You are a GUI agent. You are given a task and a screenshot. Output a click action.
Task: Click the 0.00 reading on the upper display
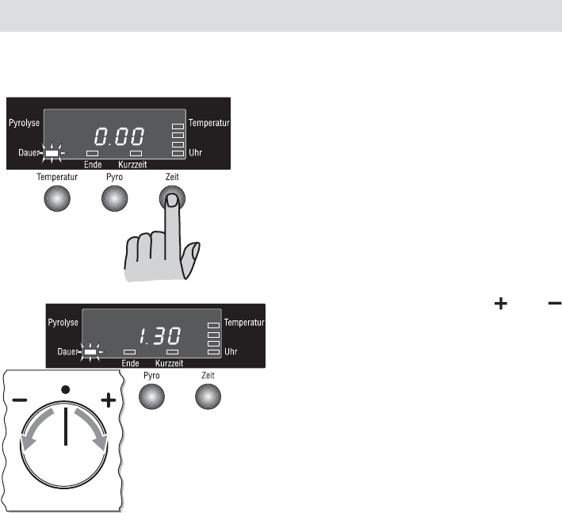[119, 136]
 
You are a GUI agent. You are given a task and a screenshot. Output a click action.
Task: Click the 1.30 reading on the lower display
[159, 336]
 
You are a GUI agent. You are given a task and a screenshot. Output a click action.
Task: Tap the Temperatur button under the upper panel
[57, 198]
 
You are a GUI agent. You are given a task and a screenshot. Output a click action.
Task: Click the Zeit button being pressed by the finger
[172, 198]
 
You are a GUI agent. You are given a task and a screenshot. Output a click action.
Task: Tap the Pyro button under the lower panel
[151, 396]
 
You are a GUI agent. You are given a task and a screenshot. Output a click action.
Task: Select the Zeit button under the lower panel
[208, 396]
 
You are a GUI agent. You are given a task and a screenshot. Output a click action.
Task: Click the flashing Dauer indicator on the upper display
[52, 153]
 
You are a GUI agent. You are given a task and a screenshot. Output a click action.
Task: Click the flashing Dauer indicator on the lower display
[90, 352]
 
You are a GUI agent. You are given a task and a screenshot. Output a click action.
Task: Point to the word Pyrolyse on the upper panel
[24, 123]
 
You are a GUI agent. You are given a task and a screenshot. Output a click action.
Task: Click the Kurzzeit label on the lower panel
[169, 363]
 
